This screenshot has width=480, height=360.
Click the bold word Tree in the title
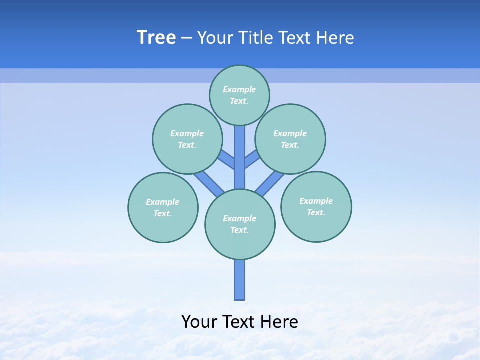pos(156,38)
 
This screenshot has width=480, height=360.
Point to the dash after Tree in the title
pos(186,38)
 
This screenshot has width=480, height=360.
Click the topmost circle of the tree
pos(239,95)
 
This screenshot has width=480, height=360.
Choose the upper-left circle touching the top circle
pos(187,139)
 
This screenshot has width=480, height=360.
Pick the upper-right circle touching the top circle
pos(290,139)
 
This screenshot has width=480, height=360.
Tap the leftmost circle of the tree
pos(163,207)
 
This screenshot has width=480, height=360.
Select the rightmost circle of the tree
pos(316,207)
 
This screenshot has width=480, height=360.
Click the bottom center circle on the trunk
pos(240,224)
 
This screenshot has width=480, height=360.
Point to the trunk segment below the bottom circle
pos(240,280)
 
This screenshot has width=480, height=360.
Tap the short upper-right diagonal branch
pos(252,159)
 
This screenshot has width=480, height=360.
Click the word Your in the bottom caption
pos(200,322)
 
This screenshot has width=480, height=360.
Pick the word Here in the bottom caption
pos(281,322)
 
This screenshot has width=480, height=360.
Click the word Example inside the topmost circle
pos(239,89)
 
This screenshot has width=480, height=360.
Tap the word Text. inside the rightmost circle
pos(316,212)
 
